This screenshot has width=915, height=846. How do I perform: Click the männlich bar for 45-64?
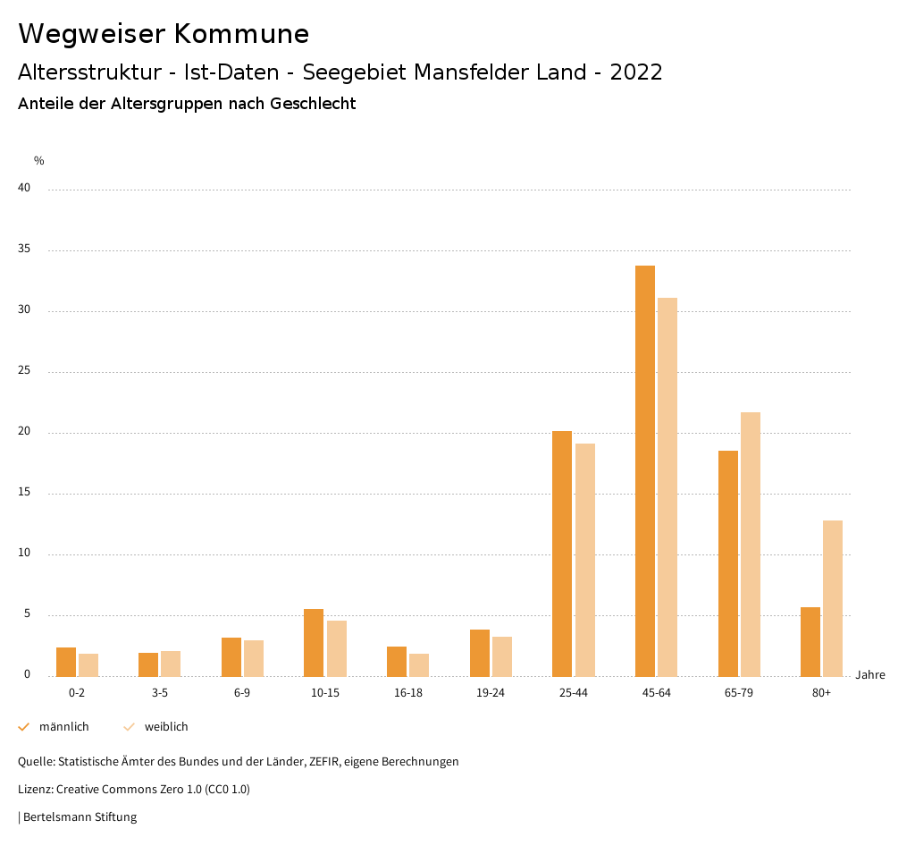point(644,471)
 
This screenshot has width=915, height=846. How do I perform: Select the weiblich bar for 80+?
point(833,598)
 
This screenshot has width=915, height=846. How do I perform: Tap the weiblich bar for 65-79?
point(751,545)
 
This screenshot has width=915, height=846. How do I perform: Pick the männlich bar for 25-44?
point(562,554)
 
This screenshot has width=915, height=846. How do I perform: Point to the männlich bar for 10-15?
point(314,643)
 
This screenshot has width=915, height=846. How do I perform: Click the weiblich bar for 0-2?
point(88,665)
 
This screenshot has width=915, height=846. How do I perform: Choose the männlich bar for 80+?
point(810,642)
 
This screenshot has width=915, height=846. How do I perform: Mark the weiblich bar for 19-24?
point(502,656)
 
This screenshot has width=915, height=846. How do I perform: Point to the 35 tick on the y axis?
point(24,250)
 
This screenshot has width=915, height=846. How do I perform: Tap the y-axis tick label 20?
point(24,432)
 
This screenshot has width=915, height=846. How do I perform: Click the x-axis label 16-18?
point(408,693)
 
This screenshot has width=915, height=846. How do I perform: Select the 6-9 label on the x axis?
point(242,693)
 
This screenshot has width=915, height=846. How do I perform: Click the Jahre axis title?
point(870,675)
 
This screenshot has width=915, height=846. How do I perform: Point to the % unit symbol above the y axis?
point(39,161)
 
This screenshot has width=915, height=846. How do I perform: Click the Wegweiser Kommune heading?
point(164,34)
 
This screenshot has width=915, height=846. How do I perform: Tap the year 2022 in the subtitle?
point(636,72)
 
